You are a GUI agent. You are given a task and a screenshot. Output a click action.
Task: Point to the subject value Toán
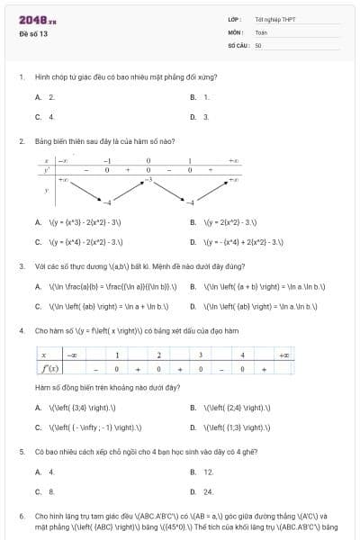[x=260, y=31]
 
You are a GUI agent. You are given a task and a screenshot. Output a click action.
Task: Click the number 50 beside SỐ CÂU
[x=258, y=44]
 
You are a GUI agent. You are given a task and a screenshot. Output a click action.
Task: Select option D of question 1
[x=200, y=116]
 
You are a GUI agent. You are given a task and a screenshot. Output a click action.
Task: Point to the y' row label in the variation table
[x=46, y=169]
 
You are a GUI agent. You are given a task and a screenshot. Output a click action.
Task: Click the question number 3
[x=21, y=266]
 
